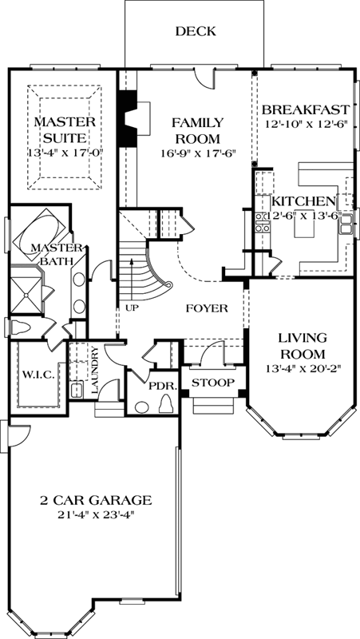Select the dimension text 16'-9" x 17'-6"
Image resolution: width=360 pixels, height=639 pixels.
click(x=198, y=153)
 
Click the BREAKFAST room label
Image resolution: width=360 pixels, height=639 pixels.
click(x=306, y=109)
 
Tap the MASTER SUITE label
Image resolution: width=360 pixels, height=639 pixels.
click(x=65, y=129)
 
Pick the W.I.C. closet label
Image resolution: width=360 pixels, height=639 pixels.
click(x=38, y=374)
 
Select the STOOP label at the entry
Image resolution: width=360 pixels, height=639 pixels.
click(x=212, y=383)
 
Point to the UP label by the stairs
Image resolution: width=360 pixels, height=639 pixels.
click(x=128, y=306)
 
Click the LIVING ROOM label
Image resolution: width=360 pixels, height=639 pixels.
click(x=302, y=345)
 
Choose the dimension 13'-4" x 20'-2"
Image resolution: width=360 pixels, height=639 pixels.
click(x=302, y=370)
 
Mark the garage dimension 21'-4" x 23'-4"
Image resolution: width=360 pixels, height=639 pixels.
click(x=96, y=515)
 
